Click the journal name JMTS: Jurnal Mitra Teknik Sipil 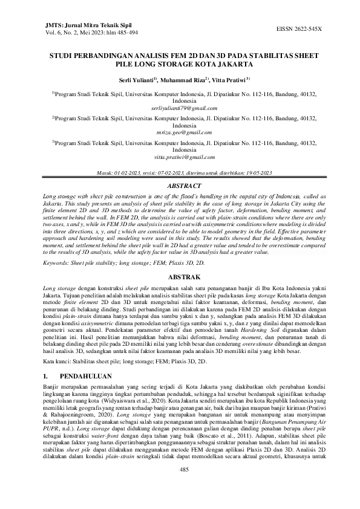pyautogui.click(x=74, y=25)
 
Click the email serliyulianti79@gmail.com pyautogui.click(x=180, y=108)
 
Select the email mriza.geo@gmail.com pyautogui.click(x=180, y=132)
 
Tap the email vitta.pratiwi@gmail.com pyautogui.click(x=180, y=157)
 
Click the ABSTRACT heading pyautogui.click(x=180, y=186)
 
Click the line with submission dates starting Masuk pyautogui.click(x=180, y=173)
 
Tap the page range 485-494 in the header pyautogui.click(x=119, y=33)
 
